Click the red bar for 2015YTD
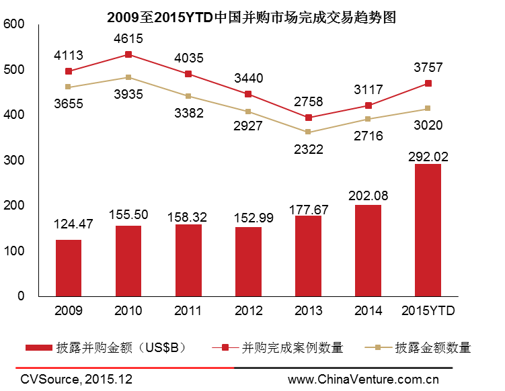click(x=428, y=230)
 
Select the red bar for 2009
click(x=69, y=267)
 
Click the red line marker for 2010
click(x=128, y=54)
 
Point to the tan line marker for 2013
click(x=308, y=132)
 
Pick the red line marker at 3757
click(x=428, y=83)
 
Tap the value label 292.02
click(x=428, y=157)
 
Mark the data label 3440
click(x=248, y=77)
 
